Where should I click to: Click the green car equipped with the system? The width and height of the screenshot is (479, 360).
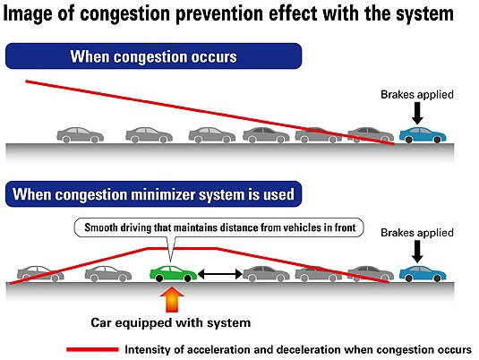(173, 274)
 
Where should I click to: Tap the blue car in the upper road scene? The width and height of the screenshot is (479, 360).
(423, 135)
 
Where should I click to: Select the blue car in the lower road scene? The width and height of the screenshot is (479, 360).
(423, 273)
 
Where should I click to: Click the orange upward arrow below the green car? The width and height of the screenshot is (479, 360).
(172, 299)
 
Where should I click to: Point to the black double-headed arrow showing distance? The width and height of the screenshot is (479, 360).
(220, 274)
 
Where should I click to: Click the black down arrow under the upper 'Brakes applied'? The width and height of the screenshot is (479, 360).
(417, 113)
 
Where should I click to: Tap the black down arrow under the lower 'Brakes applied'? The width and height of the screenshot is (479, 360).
(417, 252)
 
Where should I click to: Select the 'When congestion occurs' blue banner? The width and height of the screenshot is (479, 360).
(154, 56)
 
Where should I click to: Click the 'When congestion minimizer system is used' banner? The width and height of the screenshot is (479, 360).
(154, 194)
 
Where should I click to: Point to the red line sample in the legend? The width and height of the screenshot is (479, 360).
(92, 349)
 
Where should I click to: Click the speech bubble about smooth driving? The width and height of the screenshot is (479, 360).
(219, 228)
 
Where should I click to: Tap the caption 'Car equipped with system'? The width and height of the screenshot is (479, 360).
(171, 322)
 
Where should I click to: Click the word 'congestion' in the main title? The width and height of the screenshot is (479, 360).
(124, 13)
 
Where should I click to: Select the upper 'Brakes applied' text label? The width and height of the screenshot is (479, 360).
(417, 94)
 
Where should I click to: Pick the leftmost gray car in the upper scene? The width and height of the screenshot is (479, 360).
(80, 135)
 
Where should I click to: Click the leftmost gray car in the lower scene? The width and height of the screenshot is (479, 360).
(40, 274)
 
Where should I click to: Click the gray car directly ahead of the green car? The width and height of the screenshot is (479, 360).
(266, 273)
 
